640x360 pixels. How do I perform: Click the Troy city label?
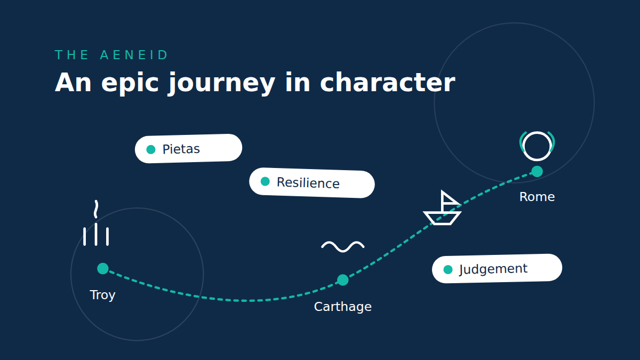102,295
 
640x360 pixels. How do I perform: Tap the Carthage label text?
343,307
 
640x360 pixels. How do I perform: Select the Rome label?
537,197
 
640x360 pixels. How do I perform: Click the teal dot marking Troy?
103,269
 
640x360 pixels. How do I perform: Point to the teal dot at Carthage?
343,280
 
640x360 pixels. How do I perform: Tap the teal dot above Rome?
537,171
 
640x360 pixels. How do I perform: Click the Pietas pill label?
189,149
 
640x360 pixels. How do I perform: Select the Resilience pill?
312,183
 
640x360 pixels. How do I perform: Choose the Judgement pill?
497,269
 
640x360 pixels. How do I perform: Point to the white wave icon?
343,246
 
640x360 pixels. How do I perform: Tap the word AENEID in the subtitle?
134,55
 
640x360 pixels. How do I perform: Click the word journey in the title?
222,83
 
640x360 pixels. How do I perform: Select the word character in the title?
388,83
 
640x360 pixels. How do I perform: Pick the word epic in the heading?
130,83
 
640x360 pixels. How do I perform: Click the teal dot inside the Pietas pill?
151,149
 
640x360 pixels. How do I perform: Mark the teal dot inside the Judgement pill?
448,269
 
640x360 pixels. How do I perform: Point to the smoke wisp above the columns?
96,209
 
